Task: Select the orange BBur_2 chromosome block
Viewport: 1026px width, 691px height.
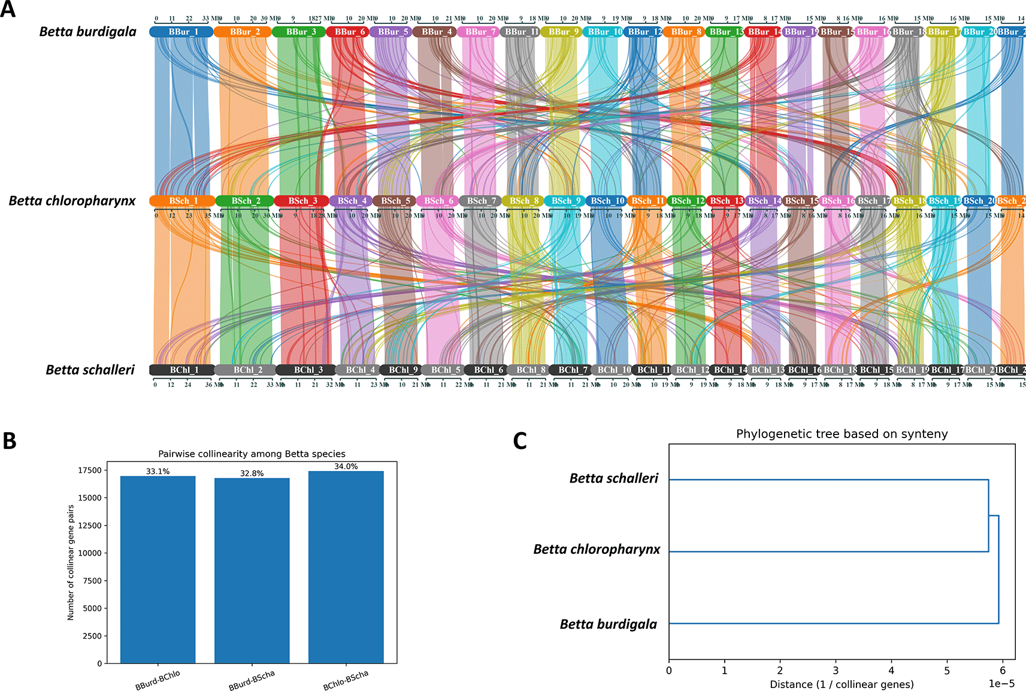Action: point(243,32)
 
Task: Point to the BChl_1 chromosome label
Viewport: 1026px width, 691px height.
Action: point(183,370)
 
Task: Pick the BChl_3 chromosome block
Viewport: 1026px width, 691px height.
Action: point(306,370)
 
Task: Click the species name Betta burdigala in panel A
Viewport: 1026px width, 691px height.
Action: point(88,32)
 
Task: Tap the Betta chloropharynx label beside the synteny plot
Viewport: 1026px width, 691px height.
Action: point(72,201)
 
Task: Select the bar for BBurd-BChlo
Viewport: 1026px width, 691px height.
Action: point(158,569)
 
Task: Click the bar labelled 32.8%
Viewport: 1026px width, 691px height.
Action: point(252,569)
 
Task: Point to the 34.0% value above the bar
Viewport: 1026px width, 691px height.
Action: point(346,466)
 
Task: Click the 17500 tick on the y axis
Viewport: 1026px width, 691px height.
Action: point(90,470)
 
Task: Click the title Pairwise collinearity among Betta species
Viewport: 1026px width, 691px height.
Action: point(252,454)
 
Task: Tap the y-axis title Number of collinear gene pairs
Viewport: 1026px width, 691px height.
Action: point(71,562)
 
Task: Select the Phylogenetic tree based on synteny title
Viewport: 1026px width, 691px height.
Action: point(842,434)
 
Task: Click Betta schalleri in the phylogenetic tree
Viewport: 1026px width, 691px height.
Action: point(614,478)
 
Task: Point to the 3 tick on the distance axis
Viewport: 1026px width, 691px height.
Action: point(836,671)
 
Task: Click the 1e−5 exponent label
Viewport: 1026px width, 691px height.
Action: point(1001,684)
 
